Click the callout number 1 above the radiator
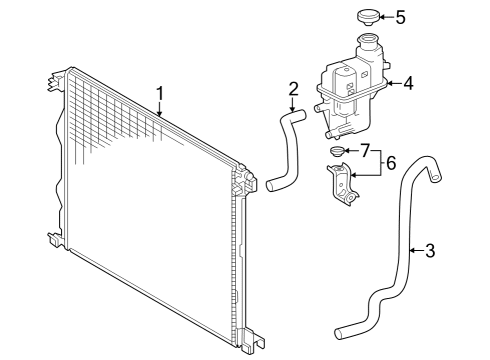pyautogui.click(x=160, y=94)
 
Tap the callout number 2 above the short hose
pyautogui.click(x=293, y=88)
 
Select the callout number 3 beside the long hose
pyautogui.click(x=430, y=250)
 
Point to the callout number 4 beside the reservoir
pyautogui.click(x=408, y=83)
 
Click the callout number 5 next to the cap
pyautogui.click(x=400, y=17)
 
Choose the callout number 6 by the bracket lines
pyautogui.click(x=391, y=163)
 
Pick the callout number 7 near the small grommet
pyautogui.click(x=366, y=151)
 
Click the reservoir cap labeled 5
pyautogui.click(x=368, y=17)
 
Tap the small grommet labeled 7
pyautogui.click(x=336, y=152)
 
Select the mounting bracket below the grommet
pyautogui.click(x=343, y=184)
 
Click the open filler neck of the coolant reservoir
pyautogui.click(x=368, y=39)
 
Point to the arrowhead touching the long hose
pyautogui.click(x=412, y=250)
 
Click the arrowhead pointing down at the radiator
pyautogui.click(x=160, y=114)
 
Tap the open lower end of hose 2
pyautogui.click(x=270, y=186)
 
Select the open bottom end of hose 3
pyautogui.click(x=338, y=334)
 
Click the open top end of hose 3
pyautogui.click(x=436, y=178)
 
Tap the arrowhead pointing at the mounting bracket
pyautogui.click(x=354, y=175)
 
